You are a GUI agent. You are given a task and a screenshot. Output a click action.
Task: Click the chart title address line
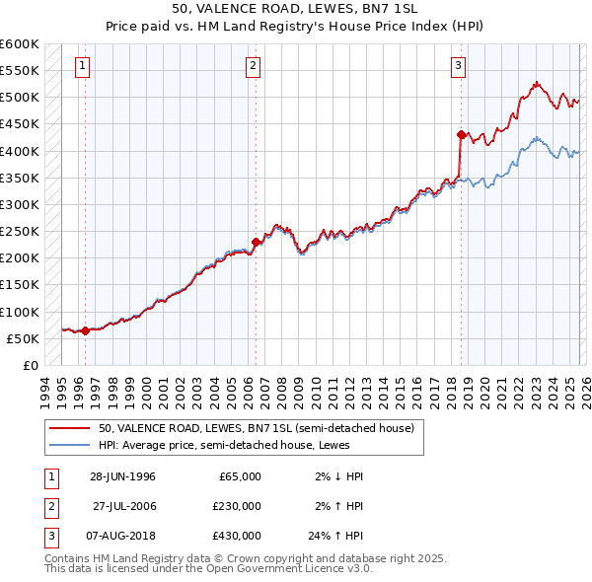(296, 9)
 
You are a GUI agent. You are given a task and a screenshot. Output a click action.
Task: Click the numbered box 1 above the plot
(81, 66)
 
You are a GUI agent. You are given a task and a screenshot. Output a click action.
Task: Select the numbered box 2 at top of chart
(253, 66)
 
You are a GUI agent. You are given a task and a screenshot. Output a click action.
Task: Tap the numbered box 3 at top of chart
(459, 66)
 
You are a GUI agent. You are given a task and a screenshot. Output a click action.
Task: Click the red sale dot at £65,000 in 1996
(86, 330)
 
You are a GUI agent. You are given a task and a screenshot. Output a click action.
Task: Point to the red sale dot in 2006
(257, 242)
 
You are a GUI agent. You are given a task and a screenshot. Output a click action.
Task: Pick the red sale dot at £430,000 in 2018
(461, 134)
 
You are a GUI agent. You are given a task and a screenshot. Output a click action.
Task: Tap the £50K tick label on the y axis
(23, 338)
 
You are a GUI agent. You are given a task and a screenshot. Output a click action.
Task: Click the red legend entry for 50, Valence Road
(261, 428)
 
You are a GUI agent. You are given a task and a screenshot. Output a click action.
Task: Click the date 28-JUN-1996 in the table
(122, 476)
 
